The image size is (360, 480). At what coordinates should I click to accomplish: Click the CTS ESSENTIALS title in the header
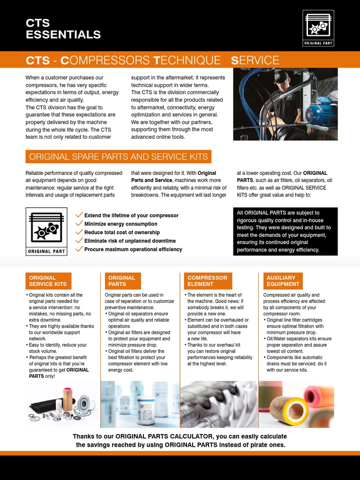tap(63, 29)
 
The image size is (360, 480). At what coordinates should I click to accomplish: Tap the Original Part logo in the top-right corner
tap(318, 28)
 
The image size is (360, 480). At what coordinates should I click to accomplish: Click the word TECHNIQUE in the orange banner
tap(187, 60)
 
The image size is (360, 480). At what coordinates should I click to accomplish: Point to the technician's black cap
tap(280, 76)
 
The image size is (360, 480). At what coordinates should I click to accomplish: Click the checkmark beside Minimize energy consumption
tap(79, 224)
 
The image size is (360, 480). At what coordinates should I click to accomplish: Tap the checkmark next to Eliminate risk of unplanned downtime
tap(79, 240)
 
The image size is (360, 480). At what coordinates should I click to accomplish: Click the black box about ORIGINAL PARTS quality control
tap(285, 231)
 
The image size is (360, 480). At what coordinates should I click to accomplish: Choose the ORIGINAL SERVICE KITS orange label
tap(48, 281)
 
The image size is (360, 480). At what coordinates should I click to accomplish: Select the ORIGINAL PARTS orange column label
tap(121, 281)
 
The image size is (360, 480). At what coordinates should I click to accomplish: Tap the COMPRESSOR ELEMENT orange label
tap(207, 281)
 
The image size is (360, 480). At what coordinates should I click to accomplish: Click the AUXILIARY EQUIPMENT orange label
tap(283, 281)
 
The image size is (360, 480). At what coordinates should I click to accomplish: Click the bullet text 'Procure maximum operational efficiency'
tap(133, 249)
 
